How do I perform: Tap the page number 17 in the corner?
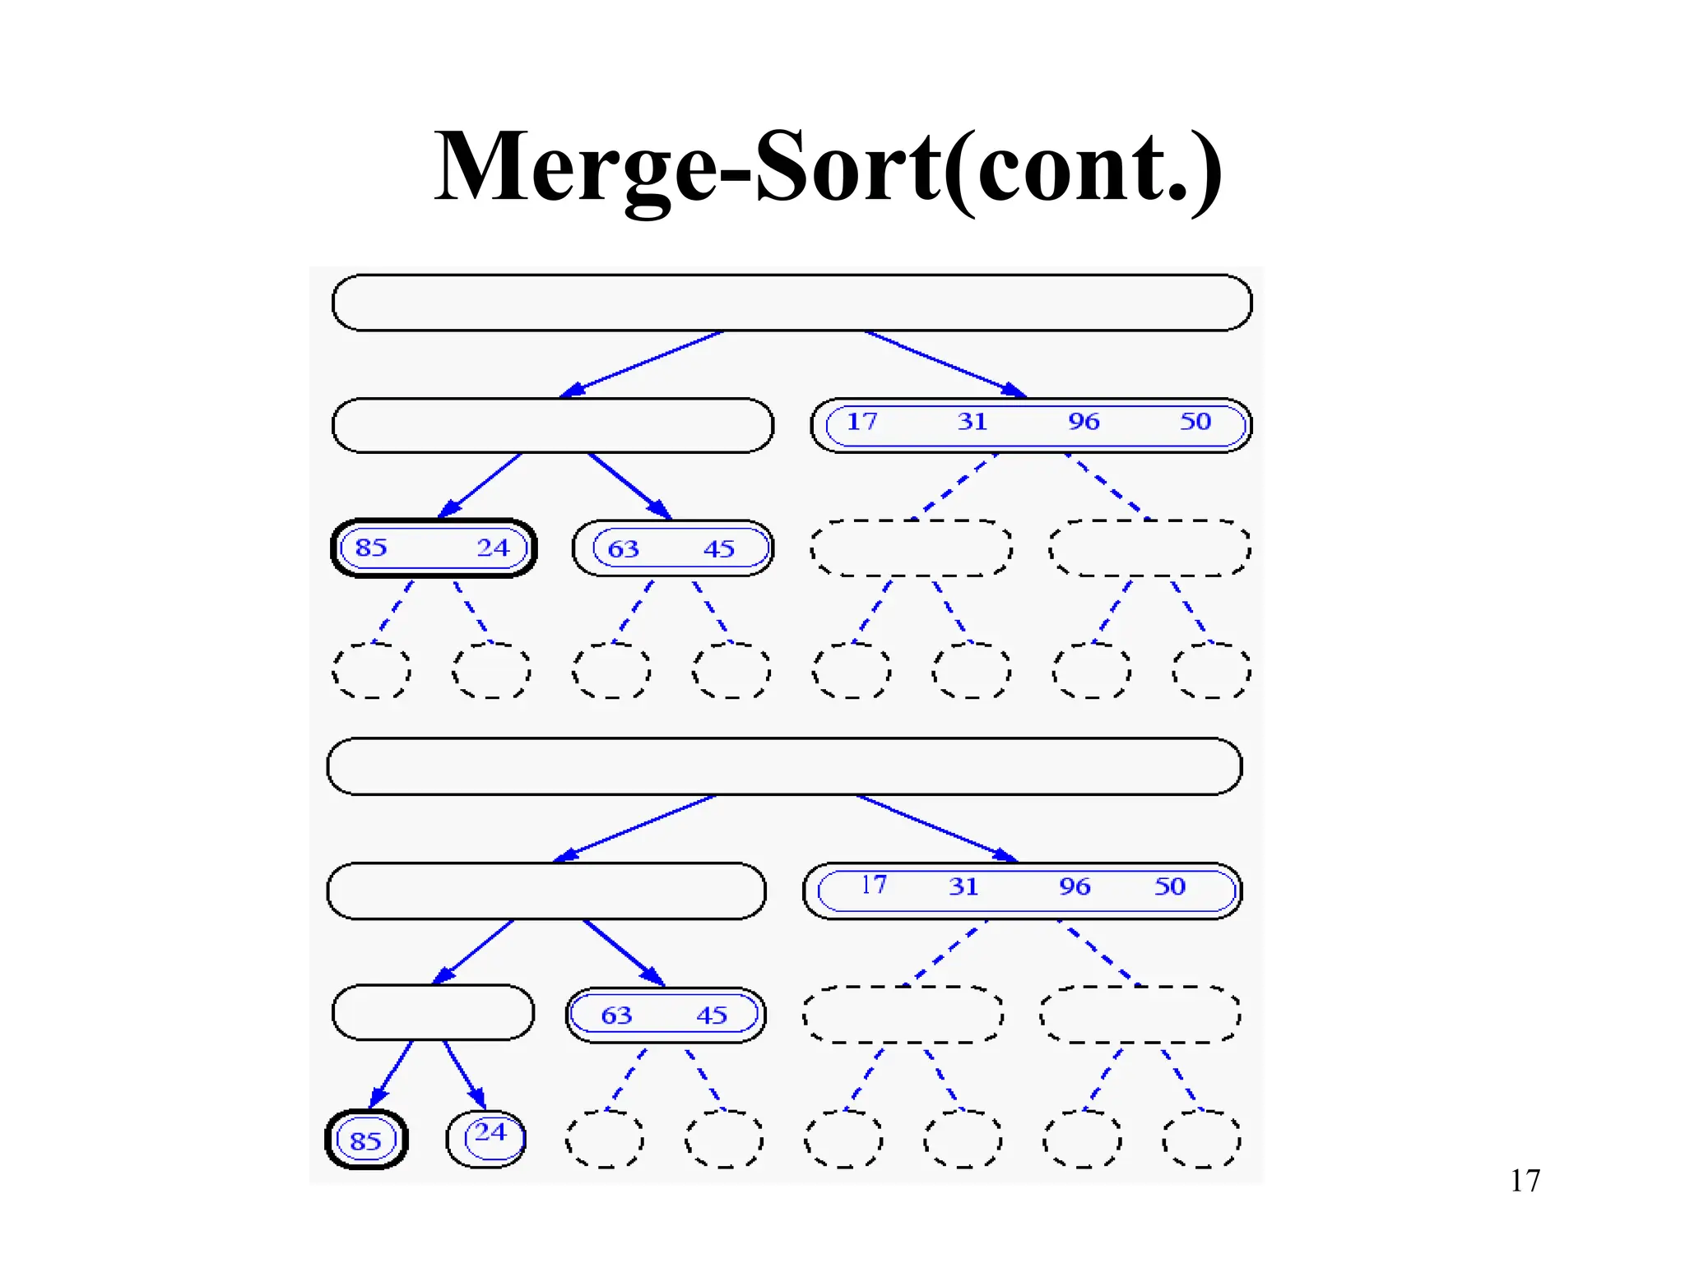[x=1525, y=1181]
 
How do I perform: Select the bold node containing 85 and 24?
[x=434, y=548]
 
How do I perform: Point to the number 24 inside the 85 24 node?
[x=493, y=548]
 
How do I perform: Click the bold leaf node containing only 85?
[x=366, y=1140]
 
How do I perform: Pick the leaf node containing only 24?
[x=486, y=1138]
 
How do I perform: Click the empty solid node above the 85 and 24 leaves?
[x=433, y=1012]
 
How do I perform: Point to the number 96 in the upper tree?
[x=1084, y=422]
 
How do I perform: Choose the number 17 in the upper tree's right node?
[x=862, y=422]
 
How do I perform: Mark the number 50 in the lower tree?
[x=1170, y=886]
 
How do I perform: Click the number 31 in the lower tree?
[x=963, y=886]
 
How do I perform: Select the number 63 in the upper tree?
[x=623, y=548]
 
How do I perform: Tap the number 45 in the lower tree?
[x=712, y=1015]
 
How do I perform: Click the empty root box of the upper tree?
[x=791, y=303]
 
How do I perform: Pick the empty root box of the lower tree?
[x=784, y=766]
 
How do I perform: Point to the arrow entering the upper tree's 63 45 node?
[x=630, y=486]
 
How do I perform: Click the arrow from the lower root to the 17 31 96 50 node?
[x=938, y=829]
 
